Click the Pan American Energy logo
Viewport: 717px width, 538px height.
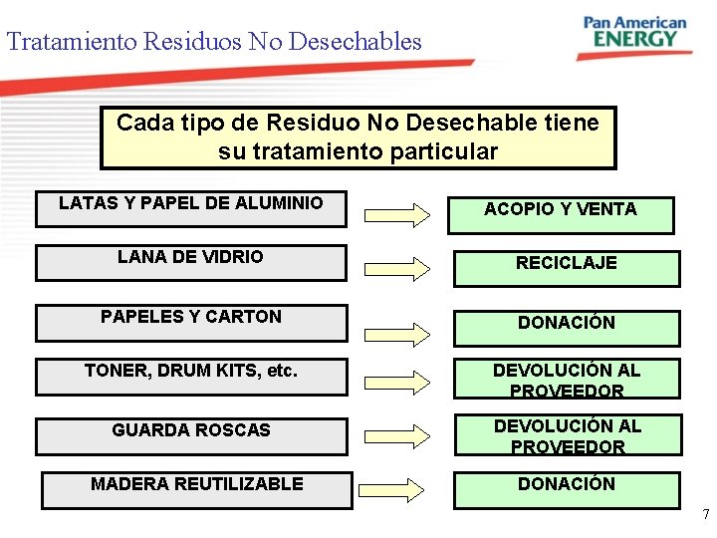point(633,34)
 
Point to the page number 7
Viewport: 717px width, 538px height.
point(705,515)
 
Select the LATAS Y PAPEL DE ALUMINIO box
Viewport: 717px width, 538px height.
point(190,208)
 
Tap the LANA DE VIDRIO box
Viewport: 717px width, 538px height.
point(190,262)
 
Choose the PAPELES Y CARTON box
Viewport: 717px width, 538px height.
point(190,322)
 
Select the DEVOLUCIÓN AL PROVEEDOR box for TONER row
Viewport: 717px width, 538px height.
point(567,379)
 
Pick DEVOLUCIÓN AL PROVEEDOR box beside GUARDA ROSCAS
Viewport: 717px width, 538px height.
point(568,434)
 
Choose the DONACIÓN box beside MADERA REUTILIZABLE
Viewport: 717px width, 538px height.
point(566,489)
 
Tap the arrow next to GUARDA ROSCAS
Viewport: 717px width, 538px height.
point(393,435)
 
